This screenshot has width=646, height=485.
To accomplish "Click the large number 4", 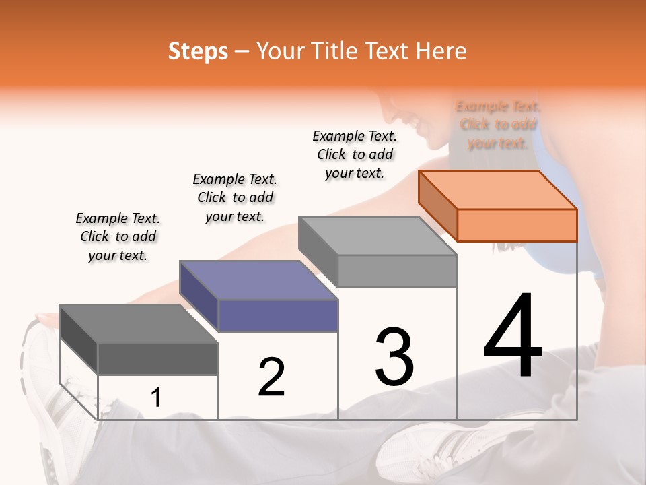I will (513, 337).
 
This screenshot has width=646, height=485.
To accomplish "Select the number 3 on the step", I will (394, 357).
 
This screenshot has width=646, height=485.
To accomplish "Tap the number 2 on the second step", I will (271, 377).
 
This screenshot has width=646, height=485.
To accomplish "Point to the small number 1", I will (156, 398).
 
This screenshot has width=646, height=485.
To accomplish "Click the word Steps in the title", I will (198, 51).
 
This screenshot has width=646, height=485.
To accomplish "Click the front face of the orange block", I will (517, 225).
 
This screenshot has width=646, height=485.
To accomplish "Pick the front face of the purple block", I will (278, 315).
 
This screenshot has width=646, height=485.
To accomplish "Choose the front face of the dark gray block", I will (157, 359).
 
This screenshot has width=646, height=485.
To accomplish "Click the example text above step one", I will (118, 236).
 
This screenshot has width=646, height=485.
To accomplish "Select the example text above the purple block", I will (235, 197).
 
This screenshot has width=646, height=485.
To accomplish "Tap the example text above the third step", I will (355, 154).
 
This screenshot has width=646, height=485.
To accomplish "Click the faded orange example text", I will (498, 125).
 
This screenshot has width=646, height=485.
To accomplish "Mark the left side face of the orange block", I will (437, 205).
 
